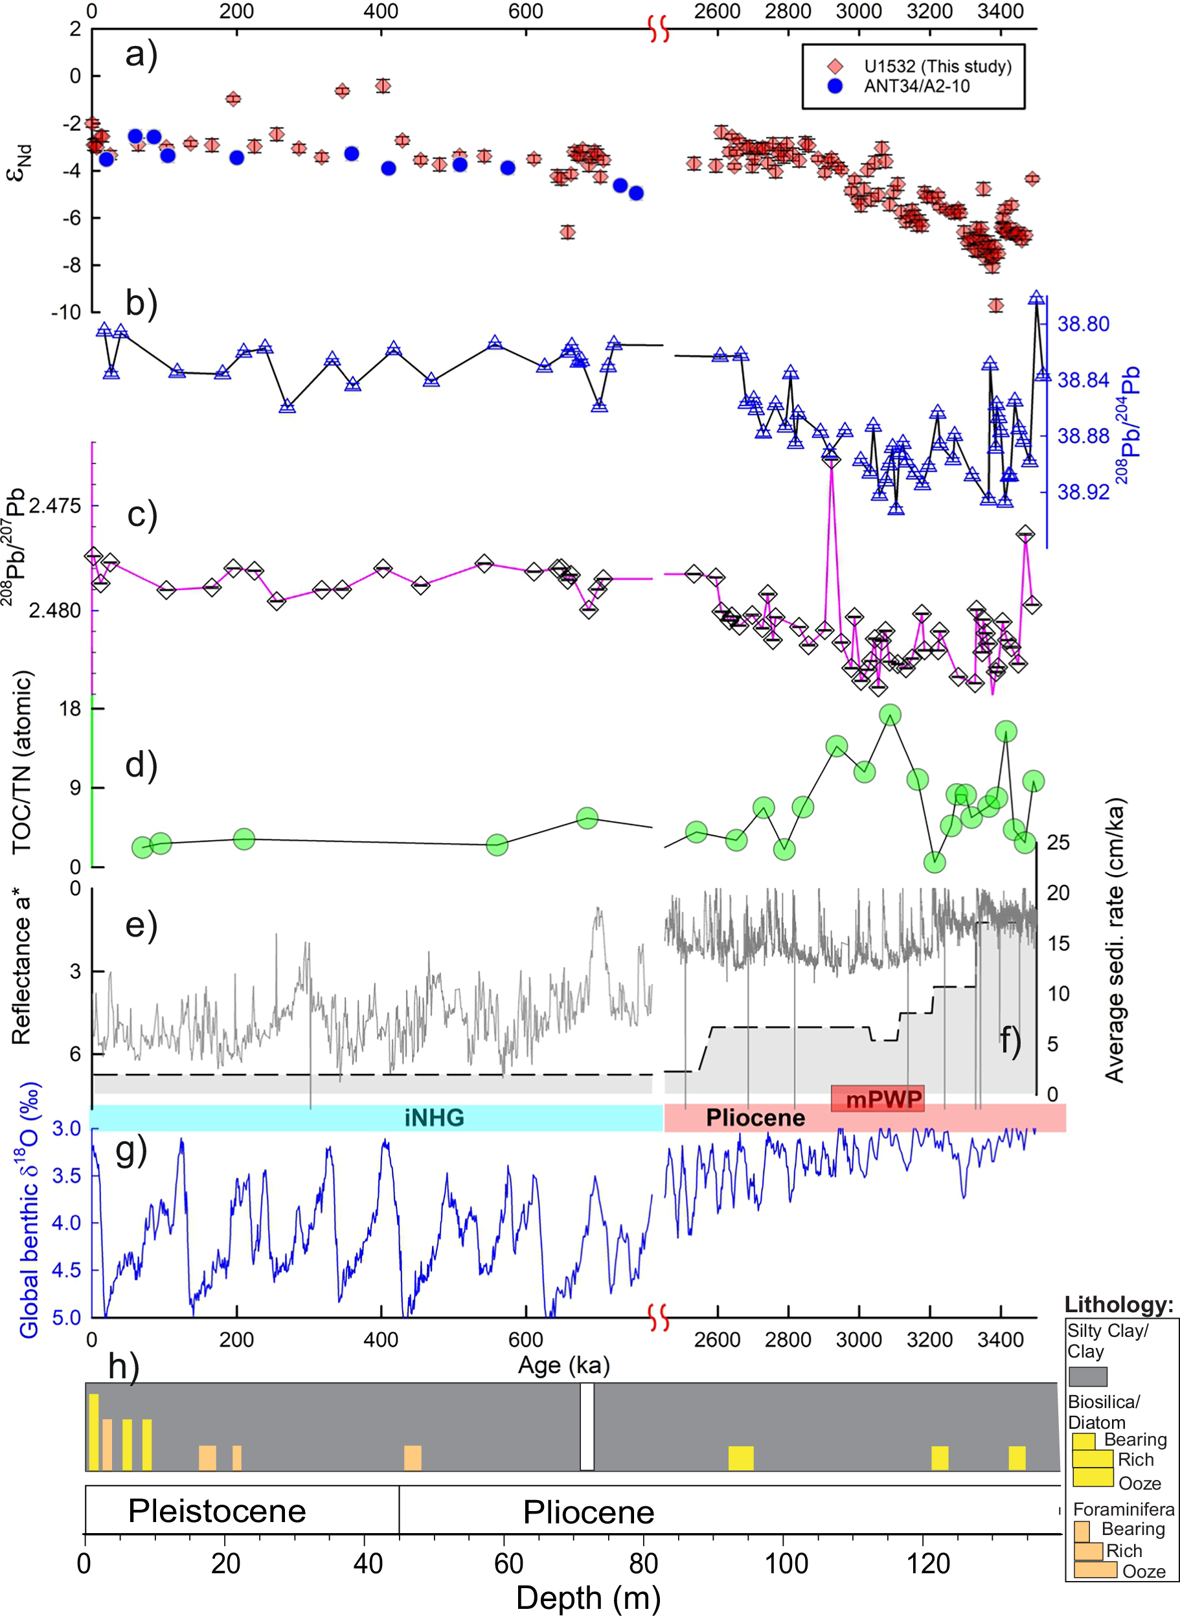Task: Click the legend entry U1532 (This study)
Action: (x=936, y=67)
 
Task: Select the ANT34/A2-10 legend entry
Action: (x=916, y=86)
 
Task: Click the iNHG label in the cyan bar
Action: (x=435, y=1117)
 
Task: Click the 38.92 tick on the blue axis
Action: (x=1083, y=492)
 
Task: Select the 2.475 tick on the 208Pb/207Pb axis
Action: (x=55, y=506)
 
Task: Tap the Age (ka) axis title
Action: (x=563, y=1365)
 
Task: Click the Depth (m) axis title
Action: (x=588, y=1597)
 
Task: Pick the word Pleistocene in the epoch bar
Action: (x=217, y=1510)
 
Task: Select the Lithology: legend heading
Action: (x=1118, y=1305)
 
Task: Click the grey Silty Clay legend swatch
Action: (x=1087, y=1376)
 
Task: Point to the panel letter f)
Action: (x=1010, y=1040)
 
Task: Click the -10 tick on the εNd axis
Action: (x=65, y=312)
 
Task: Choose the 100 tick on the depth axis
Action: (x=786, y=1564)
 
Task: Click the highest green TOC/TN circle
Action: (x=890, y=714)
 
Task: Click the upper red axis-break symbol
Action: (x=659, y=30)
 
